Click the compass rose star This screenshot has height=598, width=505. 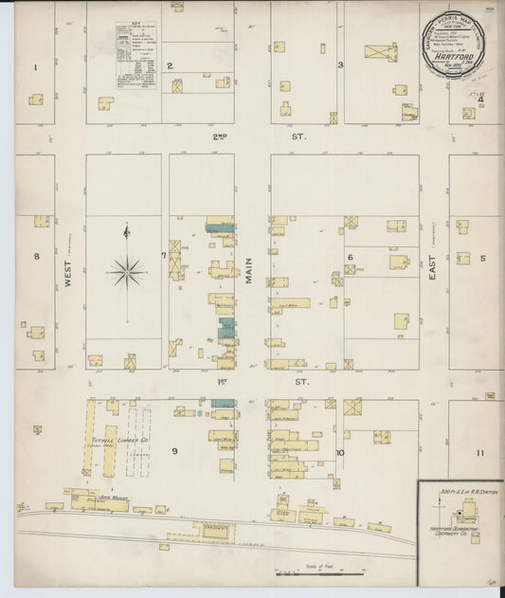point(127,271)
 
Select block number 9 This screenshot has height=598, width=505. point(174,451)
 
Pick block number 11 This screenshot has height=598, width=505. point(480,453)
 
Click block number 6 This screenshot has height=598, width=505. point(350,257)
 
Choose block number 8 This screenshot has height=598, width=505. point(36,256)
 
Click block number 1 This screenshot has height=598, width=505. point(35,67)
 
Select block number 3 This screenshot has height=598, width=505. point(340,65)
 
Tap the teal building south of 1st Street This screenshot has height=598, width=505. point(224,404)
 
